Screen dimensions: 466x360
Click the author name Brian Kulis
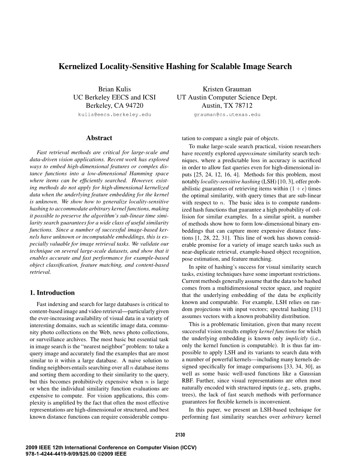tap(114, 89)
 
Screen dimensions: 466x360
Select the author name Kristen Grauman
tap(227, 89)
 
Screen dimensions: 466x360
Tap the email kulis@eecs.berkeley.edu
tap(114, 115)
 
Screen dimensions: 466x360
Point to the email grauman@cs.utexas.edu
tap(227, 115)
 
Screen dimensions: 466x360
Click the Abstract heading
tap(99, 138)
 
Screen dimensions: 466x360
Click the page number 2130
tap(180, 435)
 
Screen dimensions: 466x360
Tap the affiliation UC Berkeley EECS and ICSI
tap(114, 97)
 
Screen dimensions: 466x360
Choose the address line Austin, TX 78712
tap(227, 106)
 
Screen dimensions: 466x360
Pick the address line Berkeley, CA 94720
tap(114, 106)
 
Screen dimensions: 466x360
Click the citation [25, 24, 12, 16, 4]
tap(209, 175)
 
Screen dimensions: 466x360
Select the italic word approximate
tap(252, 154)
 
